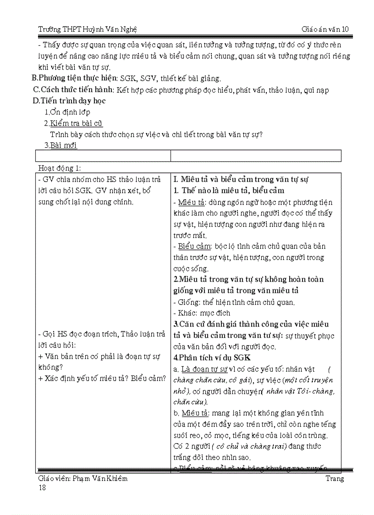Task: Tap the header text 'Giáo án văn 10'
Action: pos(325,29)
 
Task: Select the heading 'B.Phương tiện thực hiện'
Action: pos(72,78)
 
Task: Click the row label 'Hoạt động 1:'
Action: pos(60,168)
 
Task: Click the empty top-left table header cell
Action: pos(103,156)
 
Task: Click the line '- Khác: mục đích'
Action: pos(202,313)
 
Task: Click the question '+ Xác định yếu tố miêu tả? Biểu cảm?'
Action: pos(102,378)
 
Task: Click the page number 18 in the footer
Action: pos(42,487)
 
